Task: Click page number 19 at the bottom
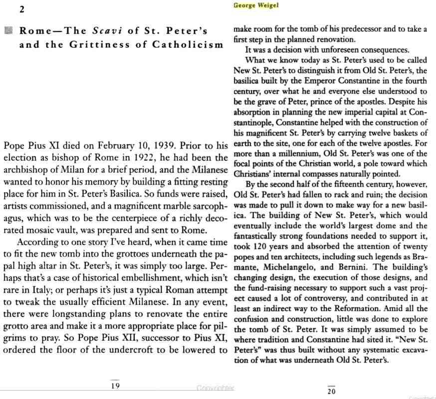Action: [115, 385]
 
